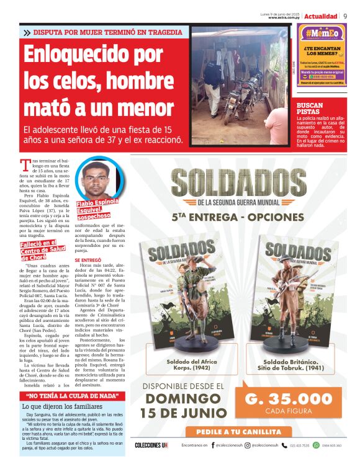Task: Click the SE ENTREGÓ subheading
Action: click(87, 260)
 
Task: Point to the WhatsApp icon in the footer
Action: click(316, 445)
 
